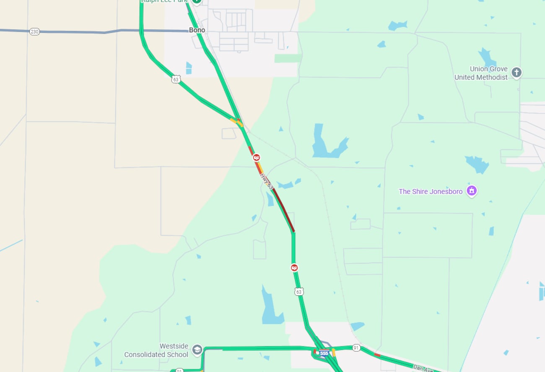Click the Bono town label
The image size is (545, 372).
tap(197, 30)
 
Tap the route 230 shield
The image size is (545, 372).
tap(34, 31)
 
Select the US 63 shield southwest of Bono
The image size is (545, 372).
tap(176, 79)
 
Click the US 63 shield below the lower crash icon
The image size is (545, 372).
tap(298, 291)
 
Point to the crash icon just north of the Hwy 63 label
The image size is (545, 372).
tap(256, 157)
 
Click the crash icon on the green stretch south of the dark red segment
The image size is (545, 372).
tap(295, 267)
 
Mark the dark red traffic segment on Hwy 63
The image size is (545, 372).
tap(284, 210)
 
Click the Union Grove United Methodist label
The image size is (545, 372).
tap(481, 73)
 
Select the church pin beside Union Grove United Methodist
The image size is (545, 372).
tap(516, 73)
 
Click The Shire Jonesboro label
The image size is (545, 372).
tap(431, 191)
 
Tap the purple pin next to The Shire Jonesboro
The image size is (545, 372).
tap(472, 191)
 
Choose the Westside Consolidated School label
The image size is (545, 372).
tap(156, 350)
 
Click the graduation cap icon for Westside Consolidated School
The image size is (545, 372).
tap(197, 349)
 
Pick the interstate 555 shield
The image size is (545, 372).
tap(324, 353)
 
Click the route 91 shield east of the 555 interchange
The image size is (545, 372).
tap(356, 348)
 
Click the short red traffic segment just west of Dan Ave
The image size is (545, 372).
tap(377, 355)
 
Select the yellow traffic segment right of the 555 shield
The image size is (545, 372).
tap(334, 352)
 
